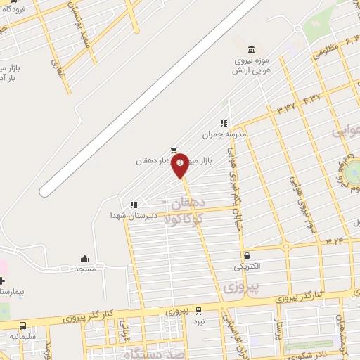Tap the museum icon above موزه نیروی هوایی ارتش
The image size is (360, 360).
click(x=252, y=49)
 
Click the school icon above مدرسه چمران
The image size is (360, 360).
click(x=224, y=123)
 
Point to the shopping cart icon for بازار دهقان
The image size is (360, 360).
click(x=174, y=150)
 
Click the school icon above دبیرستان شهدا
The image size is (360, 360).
click(x=133, y=205)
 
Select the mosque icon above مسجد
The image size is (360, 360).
click(x=84, y=258)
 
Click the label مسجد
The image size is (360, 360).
click(x=84, y=269)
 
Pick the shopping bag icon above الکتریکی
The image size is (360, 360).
click(x=247, y=256)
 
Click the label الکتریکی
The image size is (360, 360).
click(x=247, y=266)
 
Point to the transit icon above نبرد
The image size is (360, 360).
click(x=199, y=310)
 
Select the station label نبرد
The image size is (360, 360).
click(x=199, y=321)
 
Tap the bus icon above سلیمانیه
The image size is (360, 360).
click(x=23, y=326)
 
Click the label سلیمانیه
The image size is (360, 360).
click(x=23, y=337)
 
